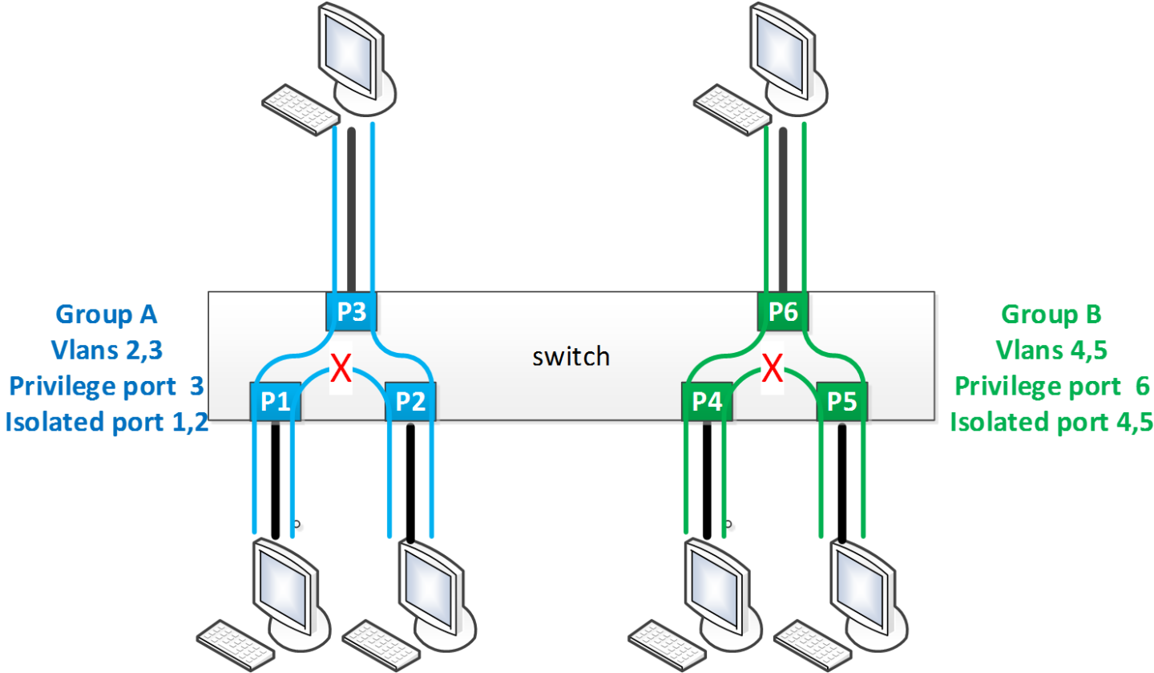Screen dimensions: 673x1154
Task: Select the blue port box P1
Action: click(x=276, y=402)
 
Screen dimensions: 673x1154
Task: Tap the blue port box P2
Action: click(x=410, y=402)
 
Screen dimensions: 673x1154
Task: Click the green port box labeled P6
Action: click(x=784, y=312)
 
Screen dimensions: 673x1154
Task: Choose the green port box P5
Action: click(x=841, y=402)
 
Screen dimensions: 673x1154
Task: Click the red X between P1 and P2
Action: click(x=342, y=370)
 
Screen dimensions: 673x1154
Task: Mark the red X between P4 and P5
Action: click(x=771, y=370)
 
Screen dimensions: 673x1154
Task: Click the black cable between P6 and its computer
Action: click(x=784, y=209)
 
